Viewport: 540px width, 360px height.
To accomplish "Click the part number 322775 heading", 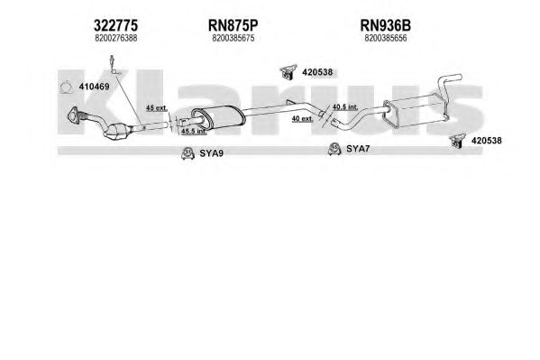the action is (115, 25).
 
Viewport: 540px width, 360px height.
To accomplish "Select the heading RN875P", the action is (233, 25).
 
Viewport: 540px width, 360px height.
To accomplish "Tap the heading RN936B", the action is (385, 25).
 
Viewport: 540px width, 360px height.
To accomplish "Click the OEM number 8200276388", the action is (116, 38).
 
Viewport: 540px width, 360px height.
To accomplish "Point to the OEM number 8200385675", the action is (233, 38).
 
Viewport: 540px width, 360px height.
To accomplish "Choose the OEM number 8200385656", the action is (385, 38).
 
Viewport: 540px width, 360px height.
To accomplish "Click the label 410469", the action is (94, 87).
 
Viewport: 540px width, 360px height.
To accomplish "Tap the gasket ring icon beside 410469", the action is (66, 88).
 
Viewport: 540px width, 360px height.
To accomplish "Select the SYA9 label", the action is (212, 153).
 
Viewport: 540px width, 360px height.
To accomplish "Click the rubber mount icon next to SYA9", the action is (188, 153).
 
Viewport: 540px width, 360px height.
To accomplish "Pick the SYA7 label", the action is (358, 149).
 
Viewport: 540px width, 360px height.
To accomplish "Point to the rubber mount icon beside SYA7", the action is (334, 149).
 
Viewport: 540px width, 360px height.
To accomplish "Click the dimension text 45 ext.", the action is (157, 108).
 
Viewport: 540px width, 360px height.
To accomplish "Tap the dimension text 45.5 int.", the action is (194, 132).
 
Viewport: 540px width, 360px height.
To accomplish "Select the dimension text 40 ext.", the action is (302, 118).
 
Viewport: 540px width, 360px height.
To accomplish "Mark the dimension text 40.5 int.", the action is (345, 106).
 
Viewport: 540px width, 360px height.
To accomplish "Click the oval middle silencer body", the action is (218, 117).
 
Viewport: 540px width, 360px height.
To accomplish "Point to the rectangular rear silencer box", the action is (416, 111).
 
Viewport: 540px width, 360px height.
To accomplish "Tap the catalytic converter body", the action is (118, 131).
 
